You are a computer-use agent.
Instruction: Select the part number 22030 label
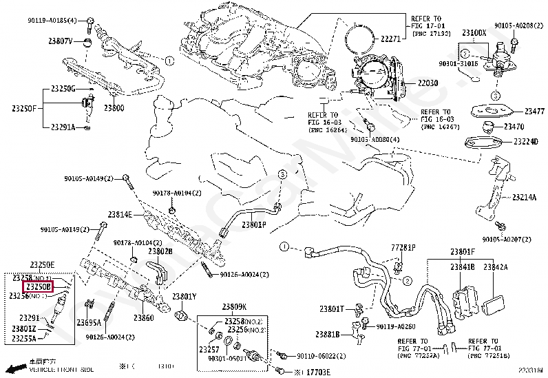[x=426, y=83]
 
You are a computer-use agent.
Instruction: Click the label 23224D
[x=525, y=142]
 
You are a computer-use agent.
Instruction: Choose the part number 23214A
[x=523, y=197]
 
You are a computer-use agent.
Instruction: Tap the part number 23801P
[x=253, y=224]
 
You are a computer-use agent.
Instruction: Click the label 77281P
[x=403, y=246]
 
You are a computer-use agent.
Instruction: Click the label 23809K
[x=234, y=306]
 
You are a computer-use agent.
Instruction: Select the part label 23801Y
[x=185, y=297]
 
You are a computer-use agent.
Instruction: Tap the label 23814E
[x=119, y=214]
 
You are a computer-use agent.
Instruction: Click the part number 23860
[x=143, y=318]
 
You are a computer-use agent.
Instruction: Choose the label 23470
[x=514, y=127]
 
